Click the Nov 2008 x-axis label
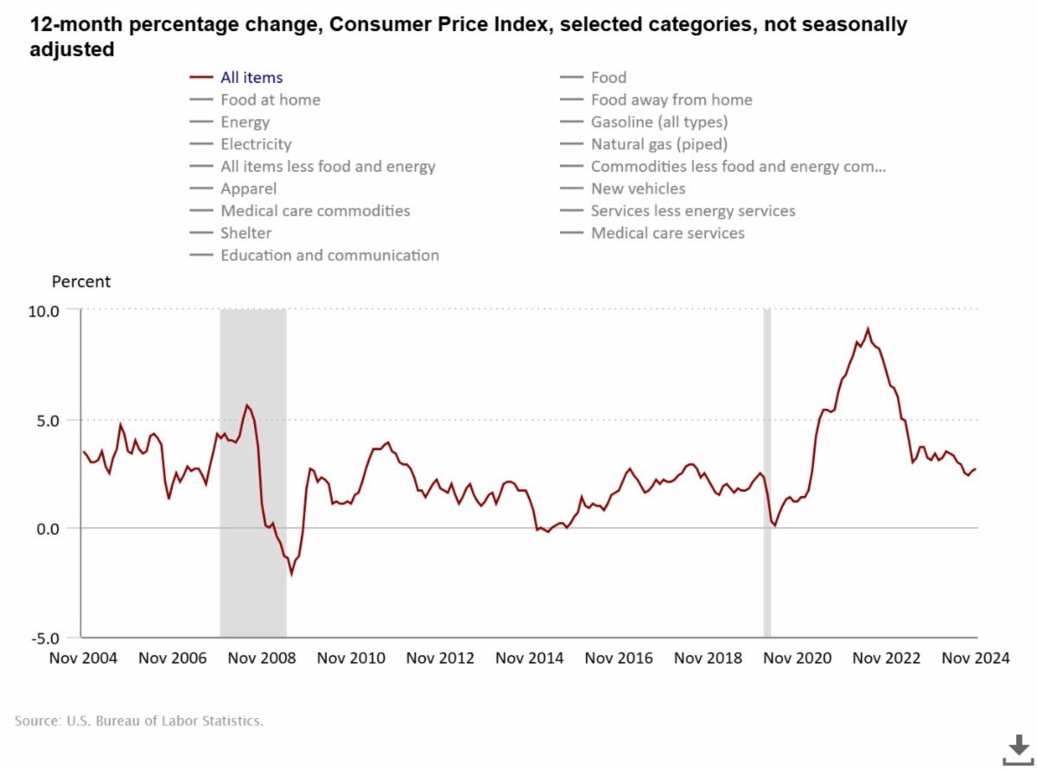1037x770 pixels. tap(262, 659)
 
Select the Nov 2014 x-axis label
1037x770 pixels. tap(529, 659)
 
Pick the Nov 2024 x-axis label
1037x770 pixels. tap(976, 659)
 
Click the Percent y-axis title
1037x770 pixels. tap(81, 282)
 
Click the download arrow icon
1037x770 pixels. tap(1017, 748)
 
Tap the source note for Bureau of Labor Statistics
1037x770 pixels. tap(139, 720)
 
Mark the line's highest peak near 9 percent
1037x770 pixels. tap(868, 329)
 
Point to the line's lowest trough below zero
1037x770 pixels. tap(291, 573)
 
